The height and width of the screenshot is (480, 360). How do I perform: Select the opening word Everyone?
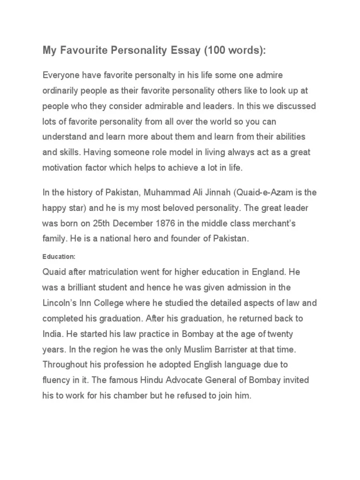click(62, 75)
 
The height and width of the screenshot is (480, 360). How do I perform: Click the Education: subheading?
click(59, 257)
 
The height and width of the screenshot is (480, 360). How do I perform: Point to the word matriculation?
click(122, 271)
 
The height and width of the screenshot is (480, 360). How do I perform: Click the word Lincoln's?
click(60, 302)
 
